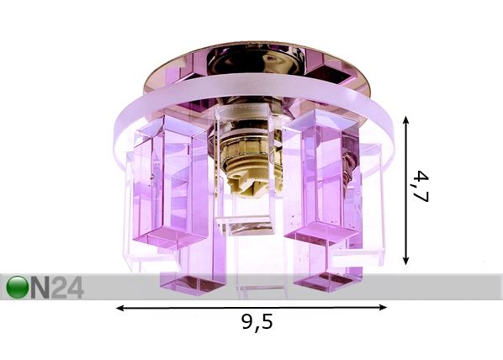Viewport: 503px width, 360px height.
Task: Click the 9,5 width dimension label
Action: point(257,322)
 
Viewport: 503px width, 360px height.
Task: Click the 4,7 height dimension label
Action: point(421,187)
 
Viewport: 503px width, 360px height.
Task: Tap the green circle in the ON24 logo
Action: point(18,287)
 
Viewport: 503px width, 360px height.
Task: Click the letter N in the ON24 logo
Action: point(40,288)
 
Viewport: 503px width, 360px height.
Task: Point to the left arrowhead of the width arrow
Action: point(120,309)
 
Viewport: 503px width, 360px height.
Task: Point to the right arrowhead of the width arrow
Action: point(383,307)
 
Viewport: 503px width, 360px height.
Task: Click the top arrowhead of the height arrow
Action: point(406,120)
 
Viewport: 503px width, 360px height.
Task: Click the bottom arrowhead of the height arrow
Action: point(406,260)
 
